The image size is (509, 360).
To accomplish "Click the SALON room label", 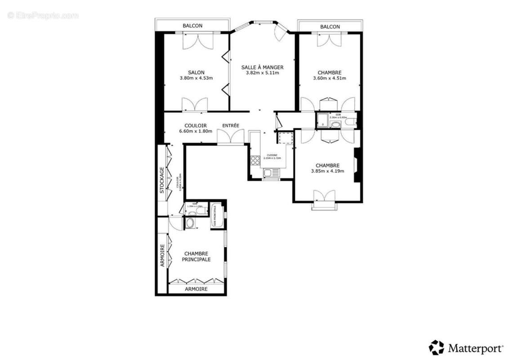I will [196, 72].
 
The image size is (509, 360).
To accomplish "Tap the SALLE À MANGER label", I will [262, 67].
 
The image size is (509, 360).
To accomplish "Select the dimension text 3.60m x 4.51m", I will [330, 78].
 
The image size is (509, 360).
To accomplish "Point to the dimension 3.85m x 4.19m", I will [327, 171].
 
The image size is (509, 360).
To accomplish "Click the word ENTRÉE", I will [231, 126].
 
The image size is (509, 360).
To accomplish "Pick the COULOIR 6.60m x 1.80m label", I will [196, 128].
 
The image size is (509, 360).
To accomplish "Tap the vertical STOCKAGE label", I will [162, 180].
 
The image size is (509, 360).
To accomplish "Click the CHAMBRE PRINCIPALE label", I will [196, 256].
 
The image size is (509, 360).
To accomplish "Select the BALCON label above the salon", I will [192, 26].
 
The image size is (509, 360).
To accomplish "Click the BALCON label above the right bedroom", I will [330, 27].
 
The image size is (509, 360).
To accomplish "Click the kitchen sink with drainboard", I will [271, 173].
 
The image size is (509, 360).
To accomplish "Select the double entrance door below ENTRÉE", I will [231, 137].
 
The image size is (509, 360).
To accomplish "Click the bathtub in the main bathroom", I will [217, 216].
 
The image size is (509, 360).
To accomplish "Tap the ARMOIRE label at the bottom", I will [196, 289].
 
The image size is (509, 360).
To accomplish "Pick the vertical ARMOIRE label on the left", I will [162, 256].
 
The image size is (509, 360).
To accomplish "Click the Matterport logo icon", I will [436, 347].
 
